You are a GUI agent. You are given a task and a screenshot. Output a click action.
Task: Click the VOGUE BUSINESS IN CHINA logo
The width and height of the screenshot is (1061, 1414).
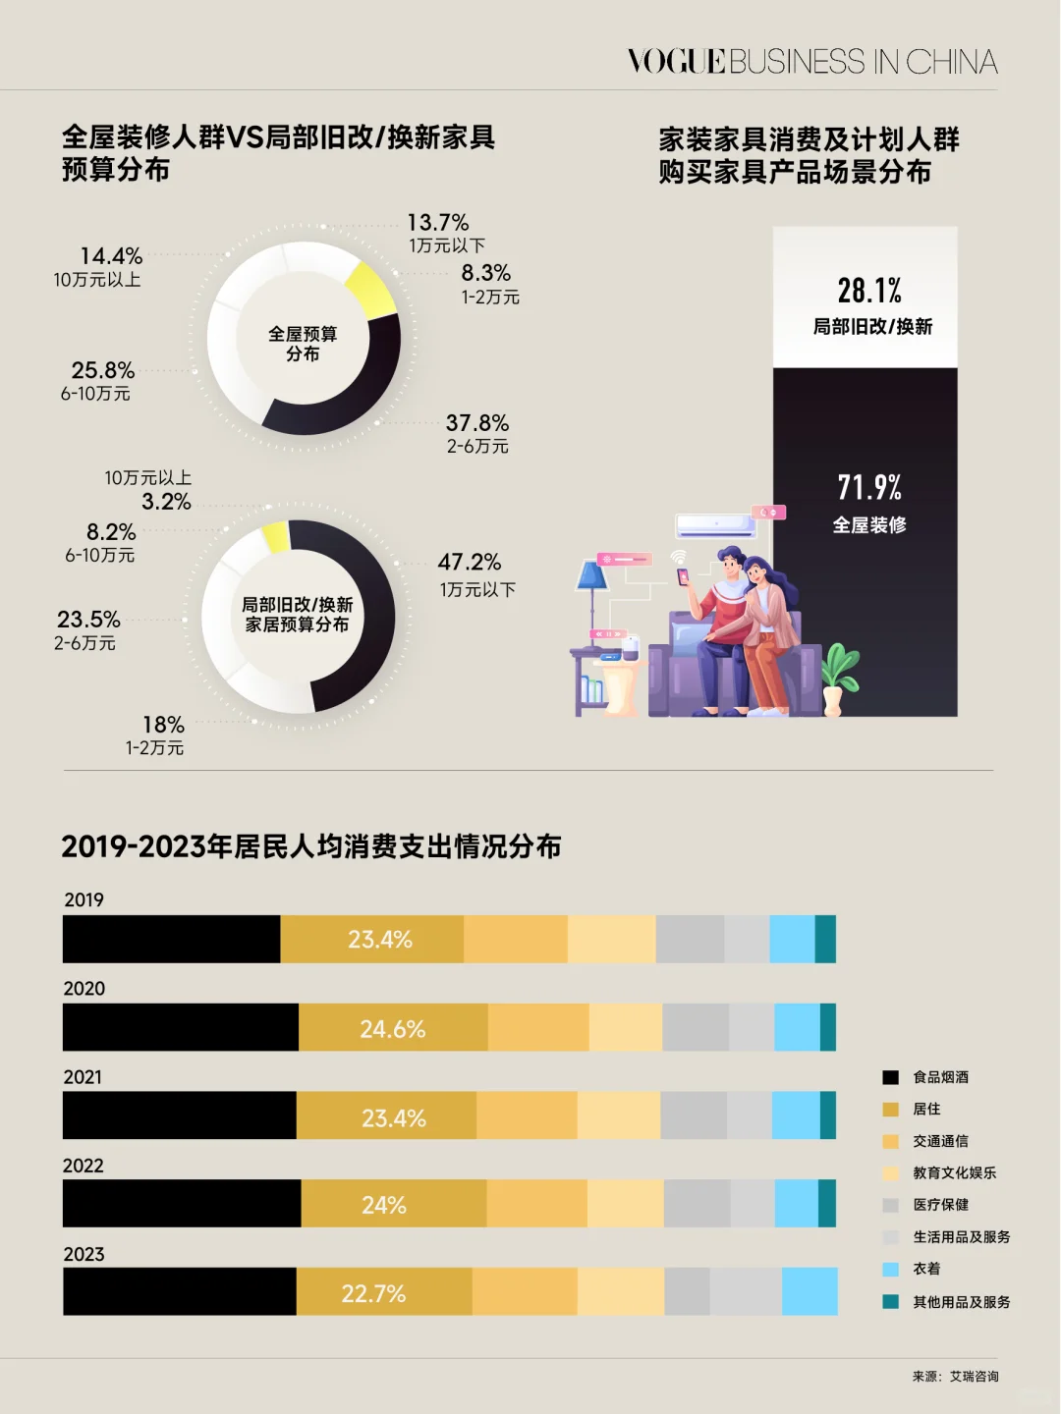[812, 62]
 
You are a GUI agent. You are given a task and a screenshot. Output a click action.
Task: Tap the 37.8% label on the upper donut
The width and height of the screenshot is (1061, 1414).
[477, 423]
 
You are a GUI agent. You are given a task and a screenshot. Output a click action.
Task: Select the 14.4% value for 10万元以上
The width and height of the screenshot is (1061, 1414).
[111, 256]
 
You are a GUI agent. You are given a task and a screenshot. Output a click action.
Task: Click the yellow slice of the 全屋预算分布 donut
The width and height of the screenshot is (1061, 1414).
[372, 290]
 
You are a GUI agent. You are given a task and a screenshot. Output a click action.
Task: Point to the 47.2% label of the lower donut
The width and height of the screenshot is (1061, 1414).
[470, 563]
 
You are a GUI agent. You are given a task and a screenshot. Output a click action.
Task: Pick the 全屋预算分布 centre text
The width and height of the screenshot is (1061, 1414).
[303, 344]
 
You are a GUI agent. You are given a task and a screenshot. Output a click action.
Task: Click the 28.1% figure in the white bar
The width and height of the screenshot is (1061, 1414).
[869, 291]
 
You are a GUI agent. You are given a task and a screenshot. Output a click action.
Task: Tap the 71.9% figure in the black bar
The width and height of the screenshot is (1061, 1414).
[869, 487]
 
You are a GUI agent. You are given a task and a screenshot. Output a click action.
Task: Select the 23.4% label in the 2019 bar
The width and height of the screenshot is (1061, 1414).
[380, 940]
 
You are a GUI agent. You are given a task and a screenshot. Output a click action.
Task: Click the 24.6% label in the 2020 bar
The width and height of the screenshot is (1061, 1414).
[393, 1029]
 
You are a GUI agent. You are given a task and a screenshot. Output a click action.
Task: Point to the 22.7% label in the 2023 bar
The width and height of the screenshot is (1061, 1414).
[373, 1294]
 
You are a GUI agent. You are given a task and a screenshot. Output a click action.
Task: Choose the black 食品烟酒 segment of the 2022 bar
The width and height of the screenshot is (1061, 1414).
[182, 1204]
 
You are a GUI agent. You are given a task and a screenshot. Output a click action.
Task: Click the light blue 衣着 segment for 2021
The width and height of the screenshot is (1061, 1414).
[796, 1115]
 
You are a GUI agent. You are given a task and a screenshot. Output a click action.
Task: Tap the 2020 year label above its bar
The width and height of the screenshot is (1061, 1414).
[84, 989]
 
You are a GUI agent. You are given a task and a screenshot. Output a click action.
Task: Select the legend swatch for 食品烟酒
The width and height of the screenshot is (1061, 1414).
[891, 1077]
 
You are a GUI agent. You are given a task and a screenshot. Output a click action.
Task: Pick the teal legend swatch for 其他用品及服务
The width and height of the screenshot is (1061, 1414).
[891, 1302]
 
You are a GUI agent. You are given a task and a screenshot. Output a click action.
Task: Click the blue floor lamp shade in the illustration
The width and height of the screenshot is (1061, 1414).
[592, 575]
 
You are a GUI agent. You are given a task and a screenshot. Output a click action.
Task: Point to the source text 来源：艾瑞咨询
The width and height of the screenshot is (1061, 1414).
[955, 1377]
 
